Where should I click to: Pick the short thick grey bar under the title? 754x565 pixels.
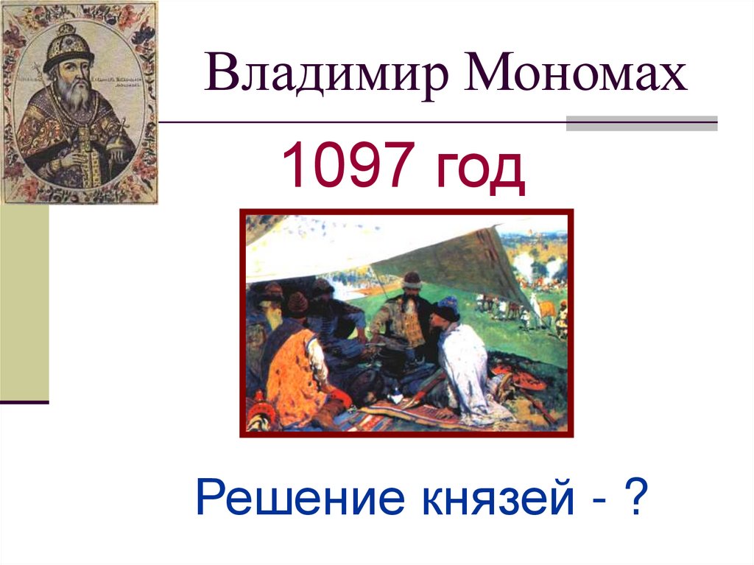pyautogui.click(x=641, y=122)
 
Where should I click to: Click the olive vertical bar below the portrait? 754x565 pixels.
pyautogui.click(x=24, y=302)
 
